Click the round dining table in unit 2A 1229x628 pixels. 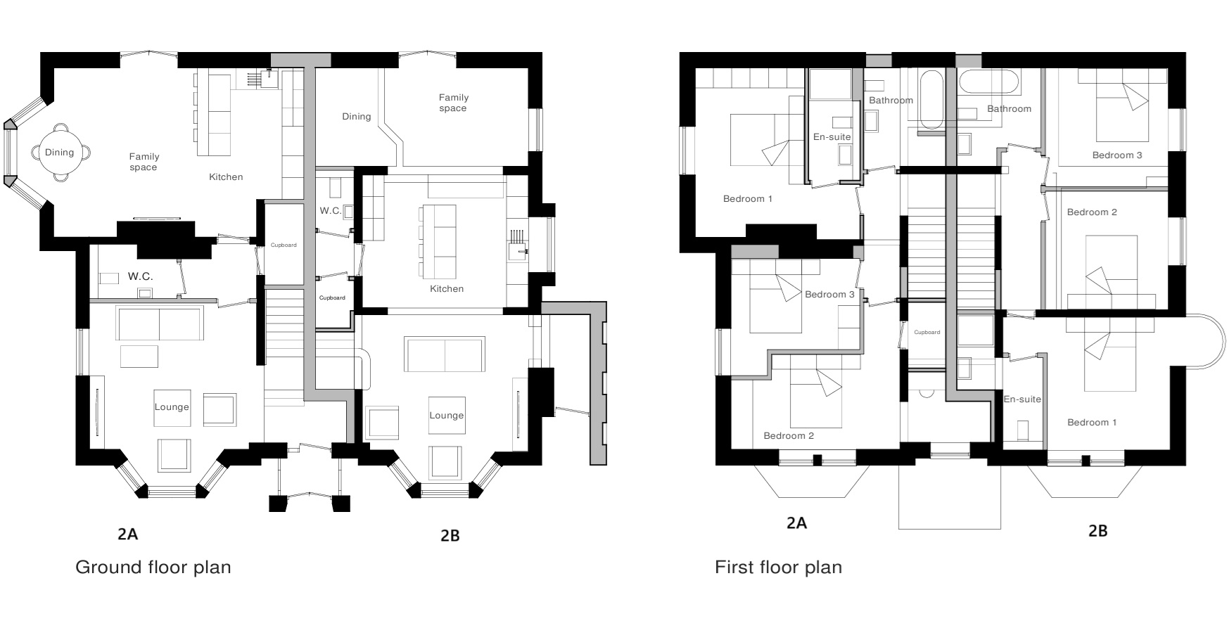click(59, 153)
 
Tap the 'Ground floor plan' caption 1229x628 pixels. click(153, 567)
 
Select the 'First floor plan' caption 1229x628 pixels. click(778, 567)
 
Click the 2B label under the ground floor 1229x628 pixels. click(450, 536)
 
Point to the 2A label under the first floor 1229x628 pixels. click(796, 523)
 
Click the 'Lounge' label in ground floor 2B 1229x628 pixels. click(447, 416)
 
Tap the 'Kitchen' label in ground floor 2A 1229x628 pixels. click(226, 177)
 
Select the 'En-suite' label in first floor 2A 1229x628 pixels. click(832, 137)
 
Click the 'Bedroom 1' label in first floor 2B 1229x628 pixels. click(1092, 423)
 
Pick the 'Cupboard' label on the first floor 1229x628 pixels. click(926, 332)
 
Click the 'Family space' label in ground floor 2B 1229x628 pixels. click(453, 103)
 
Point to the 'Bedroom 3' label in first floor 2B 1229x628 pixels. click(1117, 155)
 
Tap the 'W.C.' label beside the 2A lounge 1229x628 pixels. click(140, 277)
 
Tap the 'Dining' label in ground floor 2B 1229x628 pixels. click(356, 117)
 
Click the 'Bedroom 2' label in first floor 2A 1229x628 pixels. click(789, 436)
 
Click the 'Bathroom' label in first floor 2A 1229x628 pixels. click(891, 101)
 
